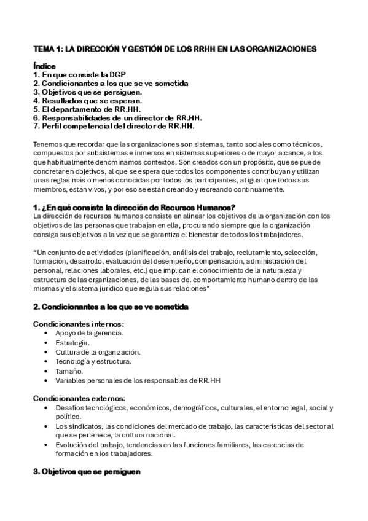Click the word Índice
point(44,66)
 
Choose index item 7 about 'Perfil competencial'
point(114,126)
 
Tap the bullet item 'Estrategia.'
point(72,342)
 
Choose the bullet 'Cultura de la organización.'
point(97,352)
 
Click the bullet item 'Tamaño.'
point(68,371)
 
